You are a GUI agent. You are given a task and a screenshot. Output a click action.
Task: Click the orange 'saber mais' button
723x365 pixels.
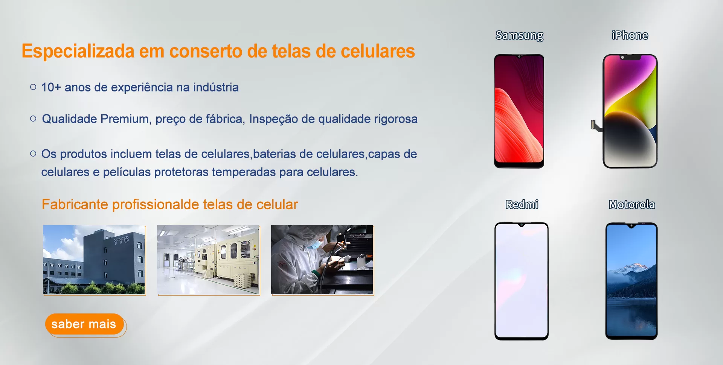pos(84,324)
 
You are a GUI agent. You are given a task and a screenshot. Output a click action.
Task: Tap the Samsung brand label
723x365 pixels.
pos(519,35)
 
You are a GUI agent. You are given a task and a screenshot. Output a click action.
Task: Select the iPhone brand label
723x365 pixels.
pos(630,35)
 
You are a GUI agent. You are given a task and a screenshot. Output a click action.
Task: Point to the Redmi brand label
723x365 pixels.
pos(522,204)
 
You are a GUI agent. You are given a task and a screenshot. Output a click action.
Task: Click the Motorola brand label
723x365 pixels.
pos(632,204)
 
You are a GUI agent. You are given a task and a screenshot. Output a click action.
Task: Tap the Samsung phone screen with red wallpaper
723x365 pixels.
pos(519,111)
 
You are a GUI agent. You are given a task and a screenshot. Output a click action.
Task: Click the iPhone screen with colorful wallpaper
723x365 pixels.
pos(630,111)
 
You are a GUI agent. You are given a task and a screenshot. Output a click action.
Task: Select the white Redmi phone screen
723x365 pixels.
pos(522,281)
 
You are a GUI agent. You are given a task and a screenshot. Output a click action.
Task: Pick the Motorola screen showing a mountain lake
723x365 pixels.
pos(631,281)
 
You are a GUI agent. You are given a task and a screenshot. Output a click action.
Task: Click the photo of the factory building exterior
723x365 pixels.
pos(94,260)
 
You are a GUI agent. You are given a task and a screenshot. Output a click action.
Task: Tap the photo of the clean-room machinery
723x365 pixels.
pos(208,260)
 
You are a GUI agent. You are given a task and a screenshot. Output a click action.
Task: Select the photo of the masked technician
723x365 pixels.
pos(322,260)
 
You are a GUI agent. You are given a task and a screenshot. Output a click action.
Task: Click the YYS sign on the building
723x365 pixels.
pos(121,240)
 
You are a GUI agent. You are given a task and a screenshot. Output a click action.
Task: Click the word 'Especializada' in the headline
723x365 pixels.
pos(78,52)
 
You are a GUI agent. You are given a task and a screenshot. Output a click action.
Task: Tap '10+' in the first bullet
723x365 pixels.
pos(51,87)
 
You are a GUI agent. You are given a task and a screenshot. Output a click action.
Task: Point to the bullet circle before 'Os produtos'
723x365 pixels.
pos(33,154)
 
